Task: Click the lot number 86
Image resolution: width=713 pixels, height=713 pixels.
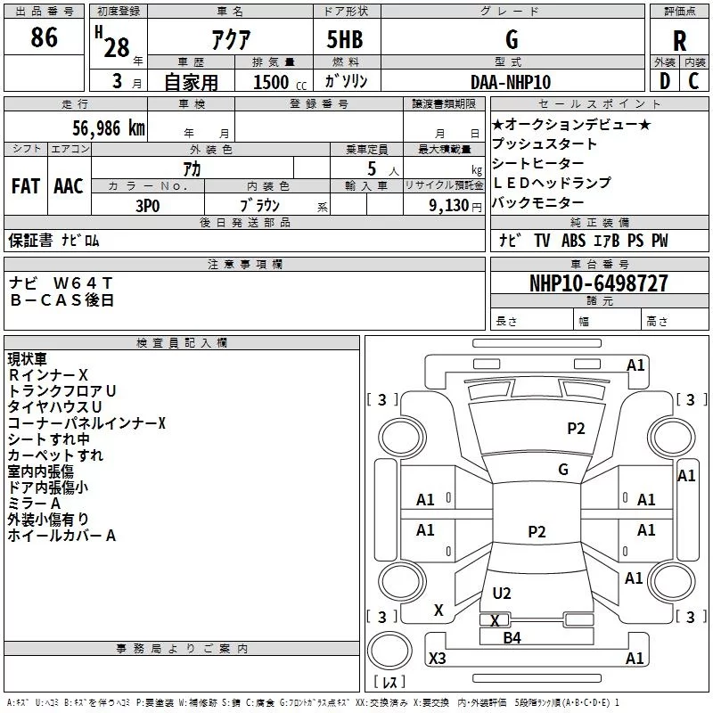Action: point(44,37)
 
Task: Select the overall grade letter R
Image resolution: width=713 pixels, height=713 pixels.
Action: point(679,41)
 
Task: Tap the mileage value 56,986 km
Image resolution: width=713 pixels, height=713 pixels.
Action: point(109,128)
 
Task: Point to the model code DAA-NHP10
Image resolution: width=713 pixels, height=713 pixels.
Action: point(511,82)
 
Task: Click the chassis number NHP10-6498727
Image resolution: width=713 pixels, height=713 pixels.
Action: point(599,283)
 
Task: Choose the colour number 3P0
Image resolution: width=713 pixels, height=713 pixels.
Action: point(148,206)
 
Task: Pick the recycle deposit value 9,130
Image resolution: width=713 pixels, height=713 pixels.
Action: point(449,206)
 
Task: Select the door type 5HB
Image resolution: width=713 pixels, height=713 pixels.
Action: point(345,39)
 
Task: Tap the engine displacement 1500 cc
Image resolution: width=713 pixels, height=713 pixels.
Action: point(280,82)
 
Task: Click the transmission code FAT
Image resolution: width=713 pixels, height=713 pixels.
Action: point(26,186)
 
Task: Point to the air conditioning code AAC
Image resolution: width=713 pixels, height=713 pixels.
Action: point(69,186)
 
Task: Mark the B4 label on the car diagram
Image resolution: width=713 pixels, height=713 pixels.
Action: point(512,638)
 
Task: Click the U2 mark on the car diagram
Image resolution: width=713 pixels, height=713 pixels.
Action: point(502,593)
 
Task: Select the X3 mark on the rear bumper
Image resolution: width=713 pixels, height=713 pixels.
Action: point(438,658)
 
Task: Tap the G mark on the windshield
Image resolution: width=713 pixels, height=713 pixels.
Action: point(563,470)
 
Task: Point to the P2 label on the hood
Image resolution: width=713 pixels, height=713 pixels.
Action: point(576,429)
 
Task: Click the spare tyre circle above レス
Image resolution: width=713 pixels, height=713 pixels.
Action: point(389,651)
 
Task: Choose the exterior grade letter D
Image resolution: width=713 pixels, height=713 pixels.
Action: point(665,81)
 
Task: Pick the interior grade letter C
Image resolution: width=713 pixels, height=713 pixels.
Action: point(693,81)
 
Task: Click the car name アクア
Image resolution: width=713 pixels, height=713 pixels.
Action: point(231,40)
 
